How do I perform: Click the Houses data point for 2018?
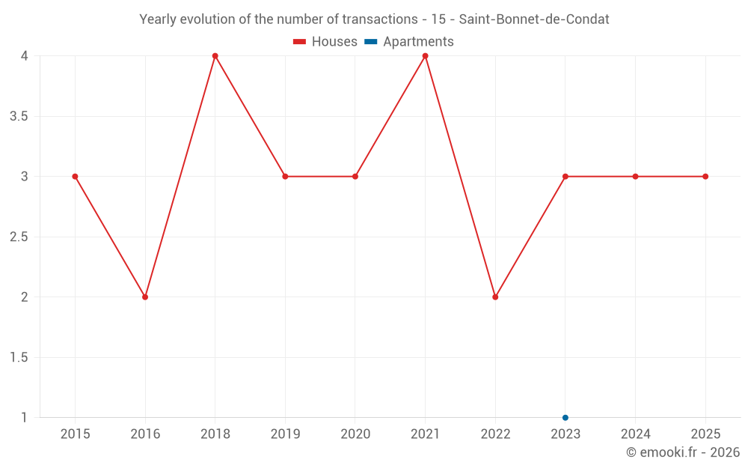(215, 56)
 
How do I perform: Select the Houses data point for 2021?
(425, 56)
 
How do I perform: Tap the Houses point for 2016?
(145, 297)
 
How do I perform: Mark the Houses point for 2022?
(495, 297)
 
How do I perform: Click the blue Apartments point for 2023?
(565, 418)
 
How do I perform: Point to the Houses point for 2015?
(75, 177)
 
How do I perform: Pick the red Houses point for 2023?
(565, 177)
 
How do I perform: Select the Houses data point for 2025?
(705, 177)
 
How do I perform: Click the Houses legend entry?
(325, 42)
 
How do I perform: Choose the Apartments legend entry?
(409, 42)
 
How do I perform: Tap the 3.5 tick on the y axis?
(19, 116)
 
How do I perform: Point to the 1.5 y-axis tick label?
(19, 357)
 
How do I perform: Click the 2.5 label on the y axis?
(19, 237)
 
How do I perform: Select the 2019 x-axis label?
(285, 434)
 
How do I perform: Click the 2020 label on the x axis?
(355, 434)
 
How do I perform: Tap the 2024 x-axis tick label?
(635, 434)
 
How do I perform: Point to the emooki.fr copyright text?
(682, 452)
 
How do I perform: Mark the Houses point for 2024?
(635, 177)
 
